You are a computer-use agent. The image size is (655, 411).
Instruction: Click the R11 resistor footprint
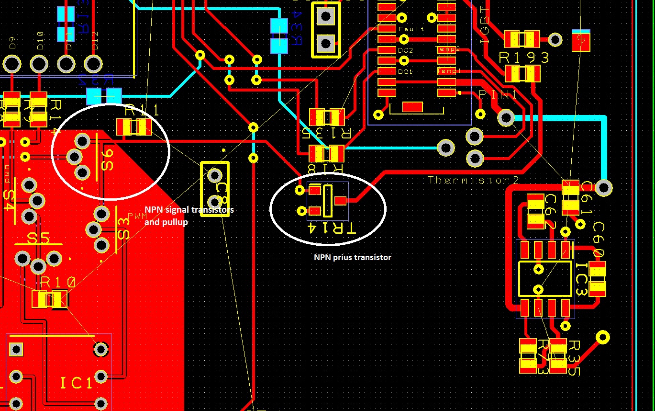click(x=134, y=127)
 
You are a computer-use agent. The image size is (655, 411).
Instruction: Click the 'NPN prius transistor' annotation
click(x=352, y=258)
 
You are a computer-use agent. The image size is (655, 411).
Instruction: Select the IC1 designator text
click(x=76, y=383)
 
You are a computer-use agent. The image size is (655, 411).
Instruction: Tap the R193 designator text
click(x=524, y=58)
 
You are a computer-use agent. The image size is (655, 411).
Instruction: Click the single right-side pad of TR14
click(x=340, y=201)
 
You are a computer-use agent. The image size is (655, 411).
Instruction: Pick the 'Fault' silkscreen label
click(x=411, y=29)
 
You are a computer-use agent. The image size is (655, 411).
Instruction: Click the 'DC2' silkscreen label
click(x=405, y=50)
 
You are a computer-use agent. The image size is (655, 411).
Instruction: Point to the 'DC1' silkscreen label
click(x=405, y=72)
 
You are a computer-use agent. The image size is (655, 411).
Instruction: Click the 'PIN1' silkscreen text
click(x=498, y=95)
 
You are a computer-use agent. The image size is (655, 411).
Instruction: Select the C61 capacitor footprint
click(x=570, y=196)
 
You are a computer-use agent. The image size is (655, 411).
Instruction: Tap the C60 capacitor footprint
click(x=598, y=278)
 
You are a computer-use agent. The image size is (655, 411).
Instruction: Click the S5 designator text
click(x=38, y=238)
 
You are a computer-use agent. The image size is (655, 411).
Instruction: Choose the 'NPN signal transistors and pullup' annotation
click(x=189, y=216)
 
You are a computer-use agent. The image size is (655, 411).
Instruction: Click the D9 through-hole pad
click(x=12, y=63)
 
